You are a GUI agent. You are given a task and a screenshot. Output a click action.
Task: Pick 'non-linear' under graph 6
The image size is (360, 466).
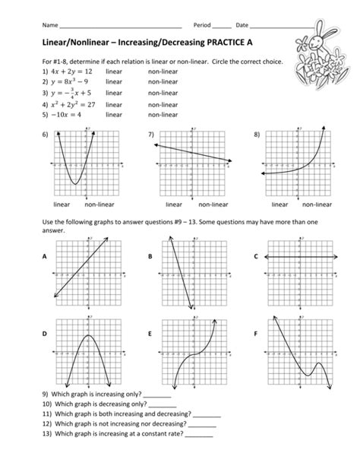pyautogui.click(x=99, y=204)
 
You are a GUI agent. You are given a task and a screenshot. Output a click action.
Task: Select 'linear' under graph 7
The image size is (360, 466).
pyautogui.click(x=174, y=204)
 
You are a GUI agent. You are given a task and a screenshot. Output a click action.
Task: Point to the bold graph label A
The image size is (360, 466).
pyautogui.click(x=44, y=257)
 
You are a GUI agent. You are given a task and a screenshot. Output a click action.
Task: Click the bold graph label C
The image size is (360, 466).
pyautogui.click(x=256, y=257)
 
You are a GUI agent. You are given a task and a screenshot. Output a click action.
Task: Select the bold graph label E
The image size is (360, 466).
pyautogui.click(x=150, y=334)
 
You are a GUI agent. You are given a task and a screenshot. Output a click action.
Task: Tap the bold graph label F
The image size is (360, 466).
pyautogui.click(x=256, y=334)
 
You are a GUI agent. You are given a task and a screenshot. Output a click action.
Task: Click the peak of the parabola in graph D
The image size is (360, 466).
pyautogui.click(x=87, y=335)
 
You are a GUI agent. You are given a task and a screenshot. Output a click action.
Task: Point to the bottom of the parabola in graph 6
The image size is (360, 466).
pyautogui.click(x=74, y=183)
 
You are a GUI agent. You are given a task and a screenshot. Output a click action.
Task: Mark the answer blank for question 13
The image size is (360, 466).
pyautogui.click(x=199, y=436)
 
